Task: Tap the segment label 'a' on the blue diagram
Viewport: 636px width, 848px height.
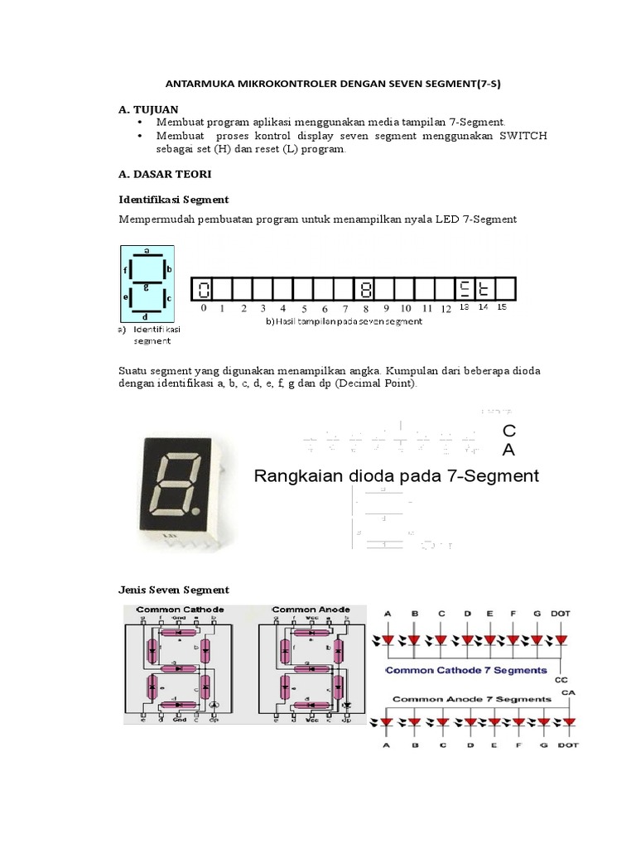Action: tap(147, 249)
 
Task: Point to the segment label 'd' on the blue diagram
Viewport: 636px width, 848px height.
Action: tap(147, 316)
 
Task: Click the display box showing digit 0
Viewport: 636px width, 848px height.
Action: tap(203, 289)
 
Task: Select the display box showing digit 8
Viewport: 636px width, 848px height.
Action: tap(365, 289)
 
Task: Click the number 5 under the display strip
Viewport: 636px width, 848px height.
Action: tap(304, 309)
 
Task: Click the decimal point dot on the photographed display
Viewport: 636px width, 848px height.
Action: tap(195, 513)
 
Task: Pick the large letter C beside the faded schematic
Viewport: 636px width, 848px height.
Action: tap(509, 431)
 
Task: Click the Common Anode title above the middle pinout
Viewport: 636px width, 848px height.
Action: tap(311, 609)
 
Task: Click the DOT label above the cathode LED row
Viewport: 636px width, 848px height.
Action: tap(561, 614)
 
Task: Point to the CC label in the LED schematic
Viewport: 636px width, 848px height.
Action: tap(566, 682)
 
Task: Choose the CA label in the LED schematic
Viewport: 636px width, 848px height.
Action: tap(568, 692)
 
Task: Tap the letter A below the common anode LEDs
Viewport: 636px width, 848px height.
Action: tap(385, 744)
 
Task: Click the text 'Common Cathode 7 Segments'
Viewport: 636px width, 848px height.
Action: tap(466, 670)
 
